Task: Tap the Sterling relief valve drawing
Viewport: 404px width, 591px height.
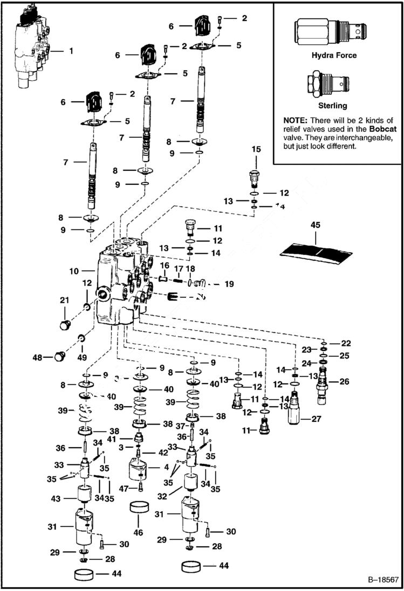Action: [328, 85]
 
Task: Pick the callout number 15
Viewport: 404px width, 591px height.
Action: [256, 164]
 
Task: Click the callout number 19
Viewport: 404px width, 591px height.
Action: [229, 283]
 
